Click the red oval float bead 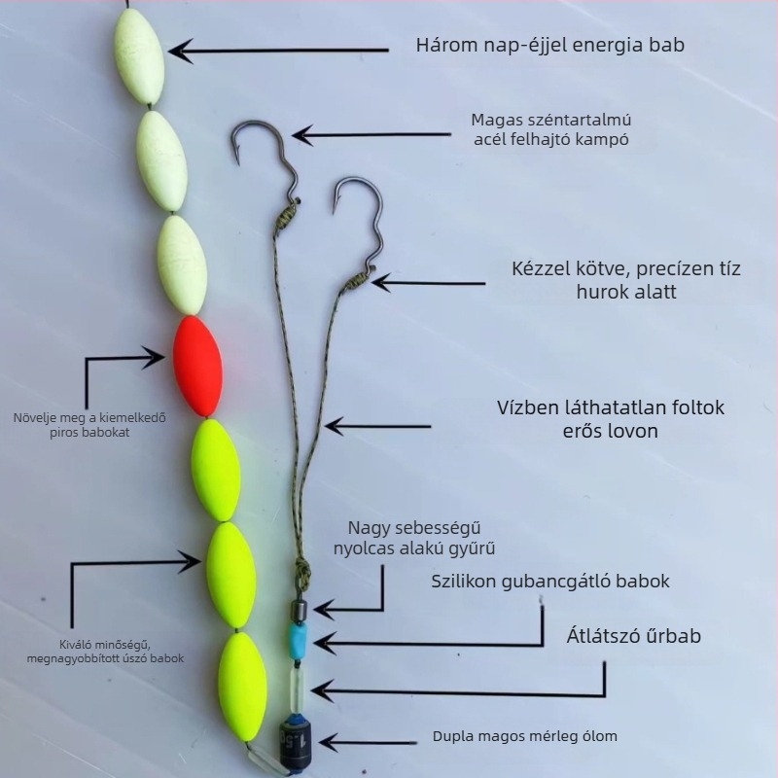point(197,367)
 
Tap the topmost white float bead point(139,56)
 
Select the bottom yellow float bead point(242,687)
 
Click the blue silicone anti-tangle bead point(299,640)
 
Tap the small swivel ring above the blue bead point(299,609)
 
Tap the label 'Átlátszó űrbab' point(634,636)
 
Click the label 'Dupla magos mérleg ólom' point(525,736)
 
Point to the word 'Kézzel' point(542,268)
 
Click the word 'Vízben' point(528,407)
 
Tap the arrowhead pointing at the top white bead point(180,51)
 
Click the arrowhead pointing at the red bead point(154,357)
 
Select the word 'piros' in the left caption point(64,432)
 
